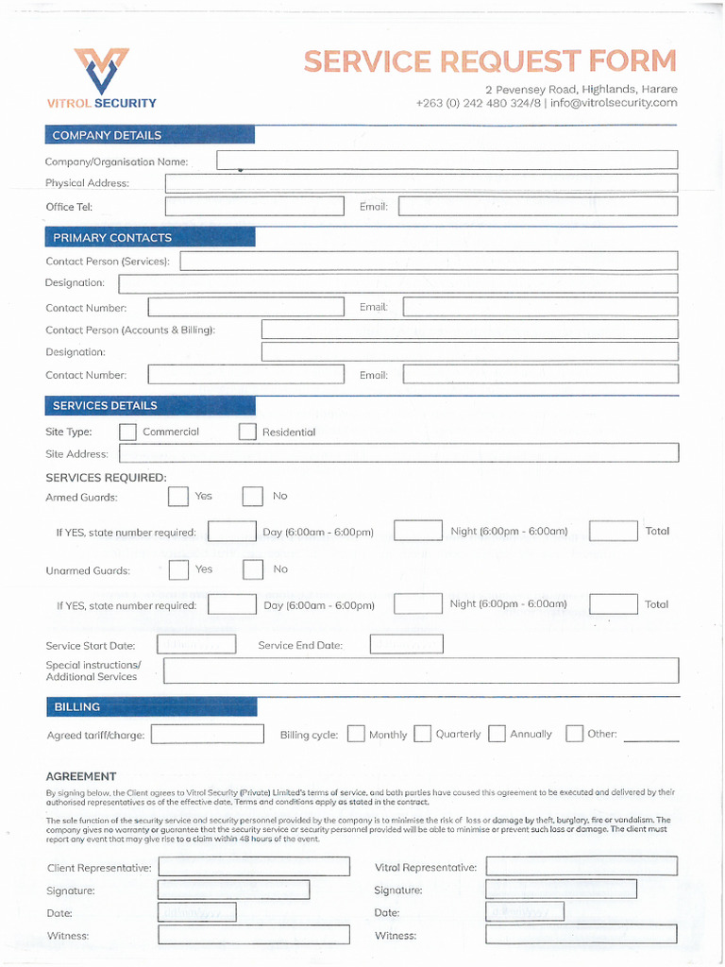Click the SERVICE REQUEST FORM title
[490, 61]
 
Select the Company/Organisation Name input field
[447, 161]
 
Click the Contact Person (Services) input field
[429, 262]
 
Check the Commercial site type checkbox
[128, 432]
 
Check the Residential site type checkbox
[247, 432]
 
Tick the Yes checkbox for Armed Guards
[178, 497]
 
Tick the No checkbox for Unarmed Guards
[253, 569]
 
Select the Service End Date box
[406, 645]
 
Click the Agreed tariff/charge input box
[208, 734]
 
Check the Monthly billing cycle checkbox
[356, 734]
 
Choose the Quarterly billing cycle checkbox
[423, 734]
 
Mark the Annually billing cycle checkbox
[497, 734]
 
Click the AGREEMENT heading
[81, 776]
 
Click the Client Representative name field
[254, 867]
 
